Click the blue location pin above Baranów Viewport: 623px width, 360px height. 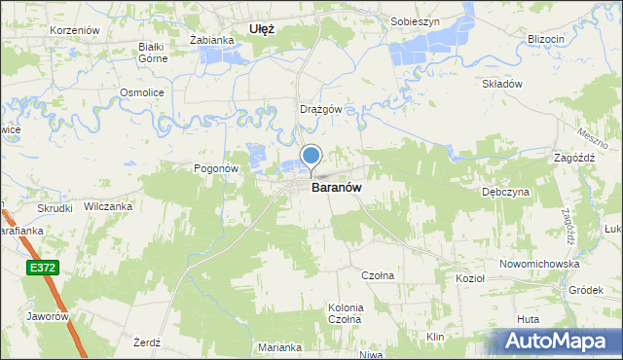coord(311,156)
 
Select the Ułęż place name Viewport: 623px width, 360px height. coord(262,29)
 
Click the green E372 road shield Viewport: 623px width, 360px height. coord(41,267)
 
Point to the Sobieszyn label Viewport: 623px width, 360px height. coord(415,20)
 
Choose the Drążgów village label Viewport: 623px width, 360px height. coord(320,109)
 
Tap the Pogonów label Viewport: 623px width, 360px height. coord(216,167)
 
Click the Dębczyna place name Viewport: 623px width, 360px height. coord(505,192)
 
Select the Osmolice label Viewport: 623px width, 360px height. coord(140,91)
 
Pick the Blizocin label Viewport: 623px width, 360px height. coord(545,38)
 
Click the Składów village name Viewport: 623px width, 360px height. coord(502,84)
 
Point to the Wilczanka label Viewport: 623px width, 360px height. coord(108,206)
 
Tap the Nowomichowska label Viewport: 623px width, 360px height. coord(539,264)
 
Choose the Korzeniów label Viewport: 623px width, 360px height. coord(76,30)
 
